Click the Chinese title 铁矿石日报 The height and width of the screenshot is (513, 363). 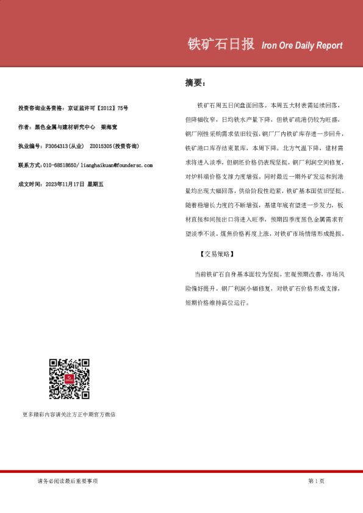[x=220, y=44]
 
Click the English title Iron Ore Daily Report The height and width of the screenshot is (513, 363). [x=301, y=46]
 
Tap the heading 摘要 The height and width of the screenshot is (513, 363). [x=196, y=83]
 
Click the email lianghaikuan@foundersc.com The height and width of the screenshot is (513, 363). [x=117, y=165]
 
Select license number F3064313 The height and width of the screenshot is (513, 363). [x=59, y=146]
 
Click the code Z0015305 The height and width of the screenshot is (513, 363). [x=101, y=146]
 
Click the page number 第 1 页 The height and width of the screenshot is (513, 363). [x=316, y=481]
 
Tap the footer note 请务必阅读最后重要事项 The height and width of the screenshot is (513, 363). [x=67, y=481]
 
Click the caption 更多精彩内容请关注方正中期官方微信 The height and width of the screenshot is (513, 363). [x=69, y=415]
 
